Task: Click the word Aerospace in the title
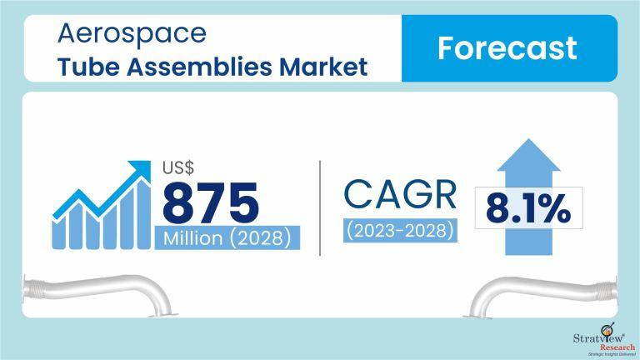[132, 34]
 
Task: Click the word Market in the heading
[323, 67]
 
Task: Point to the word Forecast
[507, 48]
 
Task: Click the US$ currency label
[178, 167]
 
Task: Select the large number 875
[210, 202]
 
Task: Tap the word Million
[193, 237]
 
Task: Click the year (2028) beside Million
[260, 238]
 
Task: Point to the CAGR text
[400, 194]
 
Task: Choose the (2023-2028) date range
[400, 231]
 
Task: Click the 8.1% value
[528, 208]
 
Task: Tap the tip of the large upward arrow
[528, 139]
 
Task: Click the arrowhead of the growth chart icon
[141, 169]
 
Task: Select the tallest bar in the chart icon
[143, 214]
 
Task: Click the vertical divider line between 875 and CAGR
[320, 208]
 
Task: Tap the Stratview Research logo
[604, 339]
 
